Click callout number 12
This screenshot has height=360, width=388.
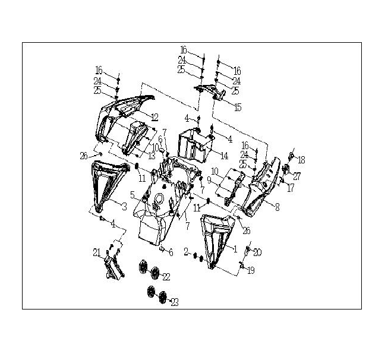(154, 117)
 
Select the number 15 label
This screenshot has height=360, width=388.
(238, 108)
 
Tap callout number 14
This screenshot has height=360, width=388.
(225, 156)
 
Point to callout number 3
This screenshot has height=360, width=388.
(124, 206)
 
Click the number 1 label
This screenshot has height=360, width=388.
(235, 249)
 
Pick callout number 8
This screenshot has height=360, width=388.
(277, 207)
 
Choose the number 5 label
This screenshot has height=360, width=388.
(133, 195)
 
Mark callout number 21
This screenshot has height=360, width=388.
(97, 253)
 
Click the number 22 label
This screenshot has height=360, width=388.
(166, 277)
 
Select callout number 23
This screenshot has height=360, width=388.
(175, 302)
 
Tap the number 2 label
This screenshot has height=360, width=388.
(187, 252)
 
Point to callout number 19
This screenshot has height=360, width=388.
(251, 270)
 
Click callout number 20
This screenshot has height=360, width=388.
(257, 252)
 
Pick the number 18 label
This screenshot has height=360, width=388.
(301, 160)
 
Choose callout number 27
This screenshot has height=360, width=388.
(297, 176)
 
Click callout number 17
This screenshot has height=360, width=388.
(291, 188)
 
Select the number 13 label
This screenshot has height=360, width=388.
(152, 156)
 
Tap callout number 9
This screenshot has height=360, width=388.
(209, 181)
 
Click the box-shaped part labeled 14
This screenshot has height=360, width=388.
(195, 144)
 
